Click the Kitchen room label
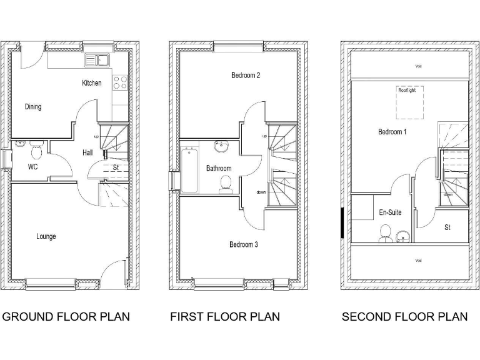(x=91, y=82)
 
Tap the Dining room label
(x=33, y=107)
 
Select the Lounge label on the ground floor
(x=46, y=236)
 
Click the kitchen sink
(x=97, y=61)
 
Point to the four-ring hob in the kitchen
(x=119, y=82)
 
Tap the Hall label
(x=88, y=152)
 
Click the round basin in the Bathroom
(x=221, y=147)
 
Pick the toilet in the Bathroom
(x=226, y=183)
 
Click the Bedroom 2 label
(x=245, y=76)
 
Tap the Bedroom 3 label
(x=243, y=244)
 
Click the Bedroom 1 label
(x=392, y=132)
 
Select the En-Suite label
(x=391, y=212)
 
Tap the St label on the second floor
(x=447, y=227)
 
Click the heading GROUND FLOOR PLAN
(x=66, y=317)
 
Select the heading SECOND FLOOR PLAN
(x=404, y=317)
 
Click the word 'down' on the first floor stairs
(x=261, y=192)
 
